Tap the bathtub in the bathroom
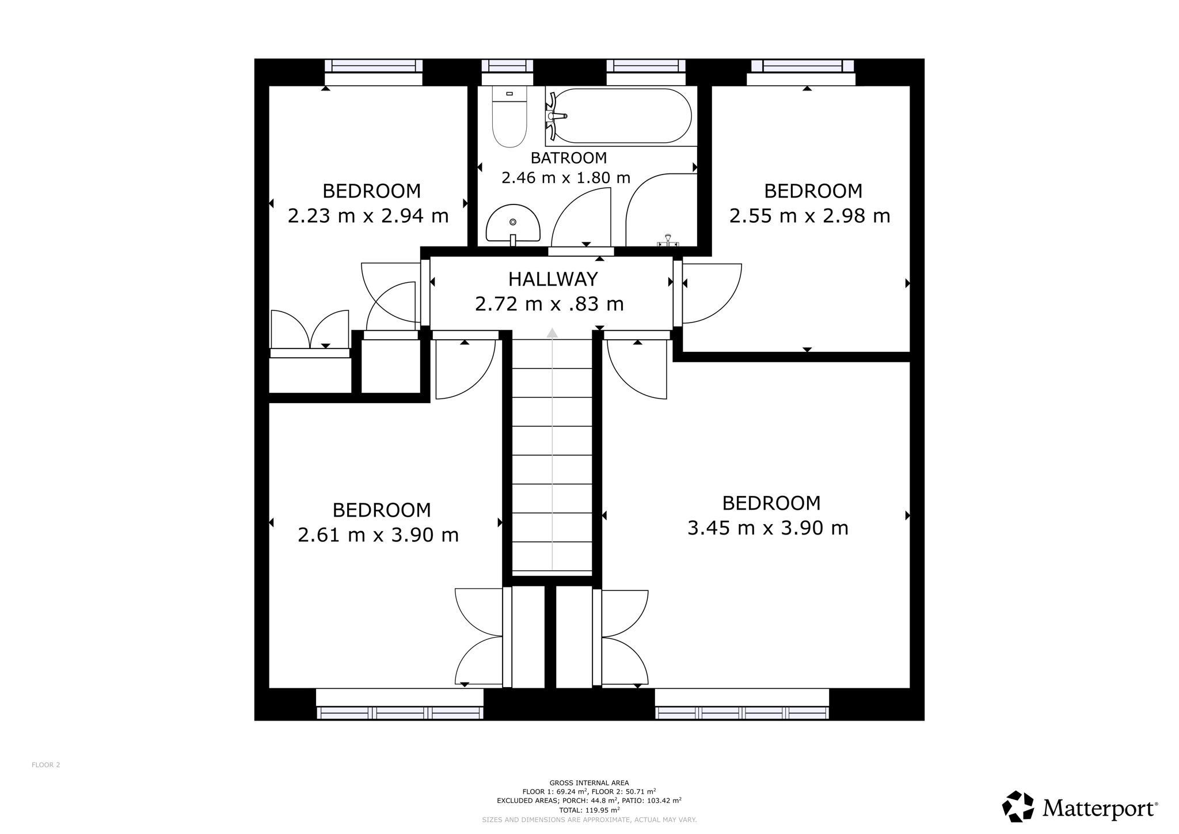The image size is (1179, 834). pyautogui.click(x=621, y=116)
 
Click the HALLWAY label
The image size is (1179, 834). pyautogui.click(x=553, y=279)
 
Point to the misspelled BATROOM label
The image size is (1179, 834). pyautogui.click(x=568, y=158)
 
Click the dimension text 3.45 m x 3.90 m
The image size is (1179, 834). pyautogui.click(x=768, y=528)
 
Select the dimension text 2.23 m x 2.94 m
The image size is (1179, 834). pyautogui.click(x=368, y=216)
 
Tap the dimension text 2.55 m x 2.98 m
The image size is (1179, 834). pyautogui.click(x=809, y=216)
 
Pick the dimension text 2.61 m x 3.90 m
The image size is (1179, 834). pyautogui.click(x=378, y=535)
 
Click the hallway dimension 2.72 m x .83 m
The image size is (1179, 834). pyautogui.click(x=549, y=304)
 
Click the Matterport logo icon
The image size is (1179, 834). pyautogui.click(x=1018, y=806)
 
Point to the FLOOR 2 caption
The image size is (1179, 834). pyautogui.click(x=46, y=765)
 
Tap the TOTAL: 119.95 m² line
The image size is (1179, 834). pyautogui.click(x=589, y=809)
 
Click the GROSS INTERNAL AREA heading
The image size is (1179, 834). pyautogui.click(x=589, y=783)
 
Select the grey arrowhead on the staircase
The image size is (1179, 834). pyautogui.click(x=552, y=332)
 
